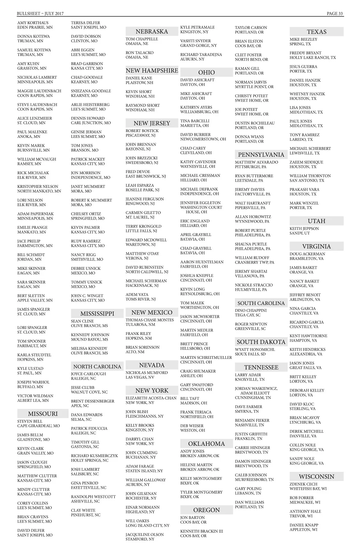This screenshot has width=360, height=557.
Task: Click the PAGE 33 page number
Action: [335, 14]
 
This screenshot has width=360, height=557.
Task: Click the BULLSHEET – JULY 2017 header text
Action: [40, 14]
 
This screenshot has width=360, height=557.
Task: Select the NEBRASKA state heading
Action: [152, 32]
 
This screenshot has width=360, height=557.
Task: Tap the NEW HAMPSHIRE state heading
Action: [152, 70]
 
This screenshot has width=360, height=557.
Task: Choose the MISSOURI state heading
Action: [43, 414]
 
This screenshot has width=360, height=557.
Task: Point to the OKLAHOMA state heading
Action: [206, 444]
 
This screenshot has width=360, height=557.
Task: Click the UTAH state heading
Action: [316, 221]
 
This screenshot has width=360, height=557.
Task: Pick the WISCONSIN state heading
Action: [316, 477]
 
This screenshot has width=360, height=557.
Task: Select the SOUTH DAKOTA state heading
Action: [261, 342]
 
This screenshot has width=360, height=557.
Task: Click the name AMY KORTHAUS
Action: [33, 23]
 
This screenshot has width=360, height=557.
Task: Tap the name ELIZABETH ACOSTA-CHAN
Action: [151, 398]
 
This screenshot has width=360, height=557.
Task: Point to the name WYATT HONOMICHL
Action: [255, 350]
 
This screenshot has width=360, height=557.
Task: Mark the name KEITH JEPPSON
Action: [304, 229]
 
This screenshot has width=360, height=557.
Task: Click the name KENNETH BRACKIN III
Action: [201, 531]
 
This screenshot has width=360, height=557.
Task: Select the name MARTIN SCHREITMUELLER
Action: [206, 358]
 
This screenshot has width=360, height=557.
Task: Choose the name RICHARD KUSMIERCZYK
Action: [95, 456]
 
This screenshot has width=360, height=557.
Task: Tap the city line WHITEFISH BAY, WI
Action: [308, 489]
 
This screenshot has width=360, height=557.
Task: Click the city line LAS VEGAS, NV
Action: [140, 377]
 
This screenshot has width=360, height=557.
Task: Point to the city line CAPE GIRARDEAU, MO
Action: [39, 426]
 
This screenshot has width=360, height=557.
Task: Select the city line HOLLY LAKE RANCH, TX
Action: [313, 58]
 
